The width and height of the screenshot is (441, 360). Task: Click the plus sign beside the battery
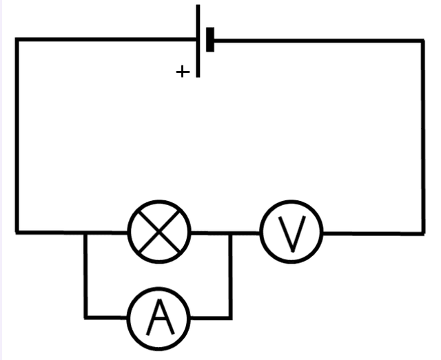coord(183,72)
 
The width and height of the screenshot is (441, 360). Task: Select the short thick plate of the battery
coord(210,40)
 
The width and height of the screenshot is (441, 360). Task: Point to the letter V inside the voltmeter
coord(291,233)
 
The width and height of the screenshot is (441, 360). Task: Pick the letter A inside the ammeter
coord(160,317)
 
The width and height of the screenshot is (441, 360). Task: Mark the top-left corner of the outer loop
coord(17,40)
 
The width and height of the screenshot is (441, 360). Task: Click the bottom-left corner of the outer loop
coord(17,232)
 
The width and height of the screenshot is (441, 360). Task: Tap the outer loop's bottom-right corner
coord(422,233)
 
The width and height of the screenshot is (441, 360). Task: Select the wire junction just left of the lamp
coord(86,233)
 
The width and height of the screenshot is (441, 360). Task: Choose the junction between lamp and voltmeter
coord(230,233)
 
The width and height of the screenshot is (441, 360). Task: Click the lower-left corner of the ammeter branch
coord(86,317)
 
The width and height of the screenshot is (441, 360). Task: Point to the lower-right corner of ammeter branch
coord(230,317)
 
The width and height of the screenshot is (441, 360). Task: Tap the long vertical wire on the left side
coord(17,138)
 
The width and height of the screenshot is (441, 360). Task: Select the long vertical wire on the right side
coord(422,138)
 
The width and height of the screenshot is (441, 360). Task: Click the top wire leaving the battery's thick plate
coord(317,41)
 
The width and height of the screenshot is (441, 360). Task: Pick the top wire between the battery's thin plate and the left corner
coord(103,40)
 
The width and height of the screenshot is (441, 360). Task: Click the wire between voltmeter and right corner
coord(372,233)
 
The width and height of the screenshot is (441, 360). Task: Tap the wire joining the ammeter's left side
coord(107,317)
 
